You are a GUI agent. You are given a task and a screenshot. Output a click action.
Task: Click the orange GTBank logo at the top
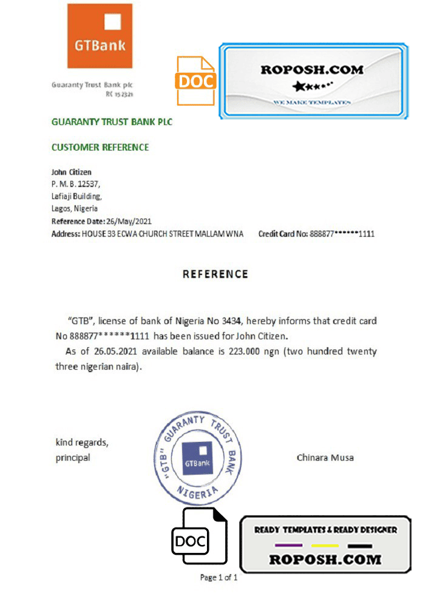pos(100,35)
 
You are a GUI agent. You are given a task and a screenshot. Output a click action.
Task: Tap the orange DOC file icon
pos(195,81)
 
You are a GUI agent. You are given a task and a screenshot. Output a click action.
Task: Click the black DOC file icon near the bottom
pos(199,538)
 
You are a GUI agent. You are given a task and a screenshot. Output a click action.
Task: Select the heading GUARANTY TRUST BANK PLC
pos(112,122)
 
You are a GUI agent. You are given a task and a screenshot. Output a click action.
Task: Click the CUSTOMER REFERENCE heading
pos(100,148)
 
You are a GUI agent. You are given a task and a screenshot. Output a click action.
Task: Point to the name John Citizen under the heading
pos(72,172)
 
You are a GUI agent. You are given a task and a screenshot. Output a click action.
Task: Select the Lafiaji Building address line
pos(76,197)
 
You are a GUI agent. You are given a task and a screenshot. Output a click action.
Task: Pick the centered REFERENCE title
pos(215,274)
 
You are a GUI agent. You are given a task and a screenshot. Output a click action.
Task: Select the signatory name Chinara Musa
pos(325,457)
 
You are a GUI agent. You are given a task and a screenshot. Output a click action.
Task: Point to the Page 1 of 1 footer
pos(218,577)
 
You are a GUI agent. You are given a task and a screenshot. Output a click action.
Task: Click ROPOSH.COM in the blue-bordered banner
pos(312,69)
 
